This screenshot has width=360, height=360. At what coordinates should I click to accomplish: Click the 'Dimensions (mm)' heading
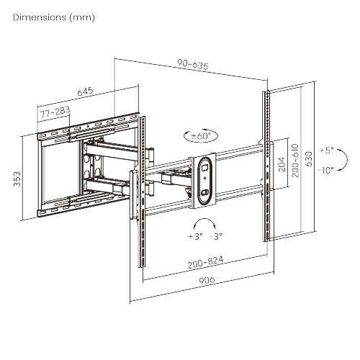pyautogui.click(x=54, y=17)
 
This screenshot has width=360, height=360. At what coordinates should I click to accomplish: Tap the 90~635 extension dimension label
pyautogui.click(x=193, y=64)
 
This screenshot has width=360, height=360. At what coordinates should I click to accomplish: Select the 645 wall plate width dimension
pyautogui.click(x=85, y=91)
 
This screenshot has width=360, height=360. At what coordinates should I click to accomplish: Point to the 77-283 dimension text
pyautogui.click(x=55, y=112)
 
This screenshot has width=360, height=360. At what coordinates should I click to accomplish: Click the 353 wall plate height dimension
pyautogui.click(x=17, y=179)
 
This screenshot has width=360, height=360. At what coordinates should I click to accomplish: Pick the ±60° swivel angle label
pyautogui.click(x=201, y=136)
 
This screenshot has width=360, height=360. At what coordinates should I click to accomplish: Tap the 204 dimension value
pyautogui.click(x=282, y=164)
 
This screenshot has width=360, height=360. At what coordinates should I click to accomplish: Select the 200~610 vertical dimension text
pyautogui.click(x=295, y=161)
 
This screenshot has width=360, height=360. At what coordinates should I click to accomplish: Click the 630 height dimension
pyautogui.click(x=309, y=159)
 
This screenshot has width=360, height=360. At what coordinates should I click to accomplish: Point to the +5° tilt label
pyautogui.click(x=327, y=150)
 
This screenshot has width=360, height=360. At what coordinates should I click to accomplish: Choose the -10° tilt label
pyautogui.click(x=325, y=170)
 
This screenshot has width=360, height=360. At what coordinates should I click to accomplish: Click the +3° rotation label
pyautogui.click(x=195, y=236)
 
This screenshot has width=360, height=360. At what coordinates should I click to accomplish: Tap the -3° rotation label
pyautogui.click(x=215, y=236)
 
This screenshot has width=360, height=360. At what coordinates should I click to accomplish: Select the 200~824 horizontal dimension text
pyautogui.click(x=205, y=262)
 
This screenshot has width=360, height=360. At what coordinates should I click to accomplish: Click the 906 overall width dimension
pyautogui.click(x=207, y=280)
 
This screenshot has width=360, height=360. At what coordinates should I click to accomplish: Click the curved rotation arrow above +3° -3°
pyautogui.click(x=204, y=219)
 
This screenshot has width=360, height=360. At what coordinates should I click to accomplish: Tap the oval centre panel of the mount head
pyautogui.click(x=204, y=181)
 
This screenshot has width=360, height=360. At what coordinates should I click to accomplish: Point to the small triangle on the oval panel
pyautogui.click(x=204, y=179)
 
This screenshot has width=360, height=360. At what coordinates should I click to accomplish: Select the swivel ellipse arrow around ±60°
pyautogui.click(x=201, y=142)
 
